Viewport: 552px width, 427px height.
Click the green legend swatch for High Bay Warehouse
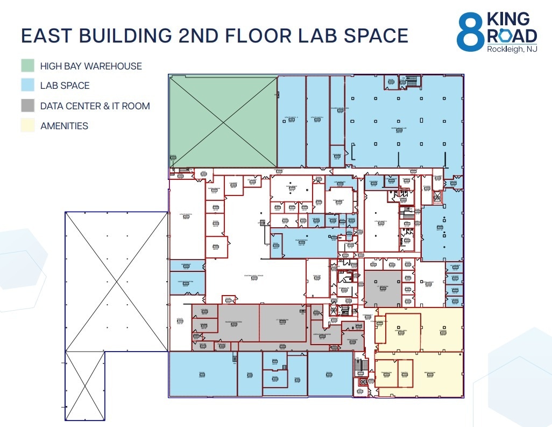27,66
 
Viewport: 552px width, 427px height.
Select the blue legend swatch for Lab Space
27,86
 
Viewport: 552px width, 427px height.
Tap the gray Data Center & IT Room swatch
27,106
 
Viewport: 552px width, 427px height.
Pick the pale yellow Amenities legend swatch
27,125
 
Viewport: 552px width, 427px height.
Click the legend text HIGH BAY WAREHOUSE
91,66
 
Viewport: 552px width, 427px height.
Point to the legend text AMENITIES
64,126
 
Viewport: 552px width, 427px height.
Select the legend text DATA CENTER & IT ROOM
95,106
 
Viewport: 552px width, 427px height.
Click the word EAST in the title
46,36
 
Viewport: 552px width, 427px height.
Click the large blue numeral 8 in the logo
470,32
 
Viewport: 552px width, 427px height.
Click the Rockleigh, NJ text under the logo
511,50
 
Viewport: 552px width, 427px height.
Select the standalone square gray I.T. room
383,289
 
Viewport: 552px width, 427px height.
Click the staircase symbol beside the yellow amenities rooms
360,366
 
